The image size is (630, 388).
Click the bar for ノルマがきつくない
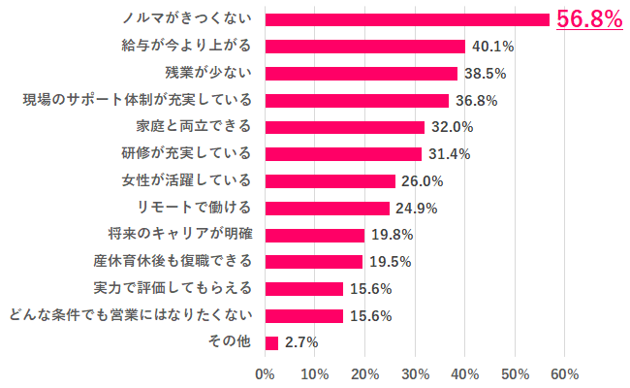pyautogui.click(x=407, y=19)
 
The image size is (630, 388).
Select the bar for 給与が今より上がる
pyautogui.click(x=364, y=47)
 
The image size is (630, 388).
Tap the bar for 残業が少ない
pyautogui.click(x=361, y=74)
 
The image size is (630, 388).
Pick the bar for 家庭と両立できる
pyautogui.click(x=344, y=127)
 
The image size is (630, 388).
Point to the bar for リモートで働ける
pyautogui.click(x=327, y=208)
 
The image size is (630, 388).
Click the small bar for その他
pyautogui.click(x=271, y=342)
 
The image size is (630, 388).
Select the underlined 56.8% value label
pyautogui.click(x=588, y=19)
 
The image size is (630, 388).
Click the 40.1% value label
pyautogui.click(x=492, y=47)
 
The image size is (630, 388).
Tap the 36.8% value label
pyautogui.click(x=476, y=101)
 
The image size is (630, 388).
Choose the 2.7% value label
pyautogui.click(x=300, y=342)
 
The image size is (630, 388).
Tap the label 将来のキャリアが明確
pyautogui.click(x=180, y=234)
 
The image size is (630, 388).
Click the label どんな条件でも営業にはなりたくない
pyautogui.click(x=130, y=315)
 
